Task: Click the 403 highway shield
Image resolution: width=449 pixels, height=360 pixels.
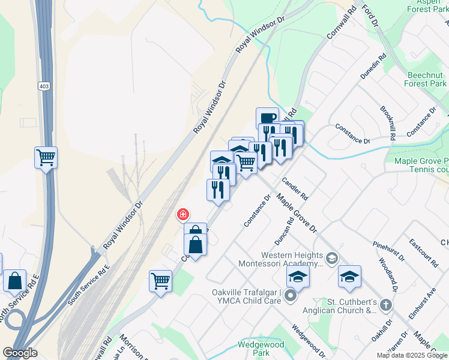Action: coord(43,86)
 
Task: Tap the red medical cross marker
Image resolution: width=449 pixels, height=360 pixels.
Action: coord(182,214)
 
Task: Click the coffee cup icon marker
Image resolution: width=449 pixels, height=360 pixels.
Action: coord(267,118)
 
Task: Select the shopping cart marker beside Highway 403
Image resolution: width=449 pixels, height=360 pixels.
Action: coord(46,158)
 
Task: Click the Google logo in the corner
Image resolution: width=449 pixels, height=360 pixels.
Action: coord(20,353)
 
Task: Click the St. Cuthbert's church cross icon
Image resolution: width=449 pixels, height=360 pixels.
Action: coord(385,305)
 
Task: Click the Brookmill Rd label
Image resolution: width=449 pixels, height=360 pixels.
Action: coord(388,123)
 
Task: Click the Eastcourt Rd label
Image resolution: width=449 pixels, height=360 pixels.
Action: coord(423,254)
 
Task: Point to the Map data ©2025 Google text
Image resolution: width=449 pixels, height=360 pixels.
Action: coord(412,355)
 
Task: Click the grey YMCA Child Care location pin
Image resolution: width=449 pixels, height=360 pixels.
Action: coord(291,295)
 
